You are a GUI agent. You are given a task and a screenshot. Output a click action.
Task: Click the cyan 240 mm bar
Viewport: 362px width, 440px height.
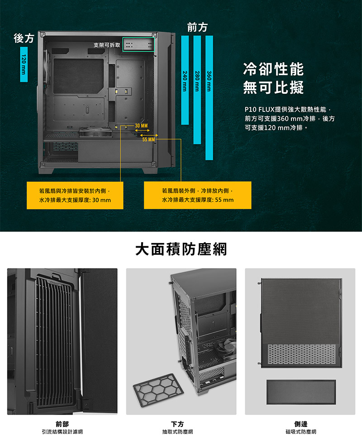[185, 80]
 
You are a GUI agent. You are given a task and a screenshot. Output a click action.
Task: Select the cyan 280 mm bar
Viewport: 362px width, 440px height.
[197, 90]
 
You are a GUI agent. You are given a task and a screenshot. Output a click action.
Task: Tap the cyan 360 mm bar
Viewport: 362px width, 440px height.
[209, 98]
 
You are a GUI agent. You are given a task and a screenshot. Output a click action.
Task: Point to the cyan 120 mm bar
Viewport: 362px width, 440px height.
[24, 64]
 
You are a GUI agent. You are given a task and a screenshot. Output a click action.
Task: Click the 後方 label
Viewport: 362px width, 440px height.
[24, 38]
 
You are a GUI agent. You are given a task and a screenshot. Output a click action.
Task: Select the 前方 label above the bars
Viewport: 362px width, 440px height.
[197, 27]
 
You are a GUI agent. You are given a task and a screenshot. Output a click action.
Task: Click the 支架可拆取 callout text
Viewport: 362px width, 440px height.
[107, 45]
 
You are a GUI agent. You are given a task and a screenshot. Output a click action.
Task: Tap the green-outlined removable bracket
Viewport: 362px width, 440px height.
[138, 44]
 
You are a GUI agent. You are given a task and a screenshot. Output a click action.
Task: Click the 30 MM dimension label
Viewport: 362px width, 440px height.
[141, 125]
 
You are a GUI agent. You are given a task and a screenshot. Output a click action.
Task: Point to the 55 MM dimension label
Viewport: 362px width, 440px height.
[148, 139]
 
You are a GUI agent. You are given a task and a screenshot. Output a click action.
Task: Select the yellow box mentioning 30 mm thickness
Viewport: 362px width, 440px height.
[75, 195]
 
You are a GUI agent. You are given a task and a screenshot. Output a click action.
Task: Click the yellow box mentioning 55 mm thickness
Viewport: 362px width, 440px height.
[197, 195]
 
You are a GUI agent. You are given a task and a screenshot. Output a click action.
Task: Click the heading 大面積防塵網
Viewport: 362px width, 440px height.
[181, 249]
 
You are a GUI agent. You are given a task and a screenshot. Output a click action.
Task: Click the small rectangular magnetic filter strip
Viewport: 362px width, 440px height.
[301, 392]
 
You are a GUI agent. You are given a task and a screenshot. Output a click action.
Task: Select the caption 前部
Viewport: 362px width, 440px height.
[62, 424]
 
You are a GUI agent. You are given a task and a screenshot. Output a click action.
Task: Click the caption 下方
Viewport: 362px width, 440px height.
[177, 424]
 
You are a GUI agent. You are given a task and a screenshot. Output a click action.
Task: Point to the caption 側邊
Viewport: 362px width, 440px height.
[301, 424]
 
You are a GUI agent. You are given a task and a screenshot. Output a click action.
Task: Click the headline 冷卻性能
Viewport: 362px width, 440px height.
[273, 69]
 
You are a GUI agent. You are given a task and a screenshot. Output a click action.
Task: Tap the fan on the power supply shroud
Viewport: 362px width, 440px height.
[92, 132]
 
